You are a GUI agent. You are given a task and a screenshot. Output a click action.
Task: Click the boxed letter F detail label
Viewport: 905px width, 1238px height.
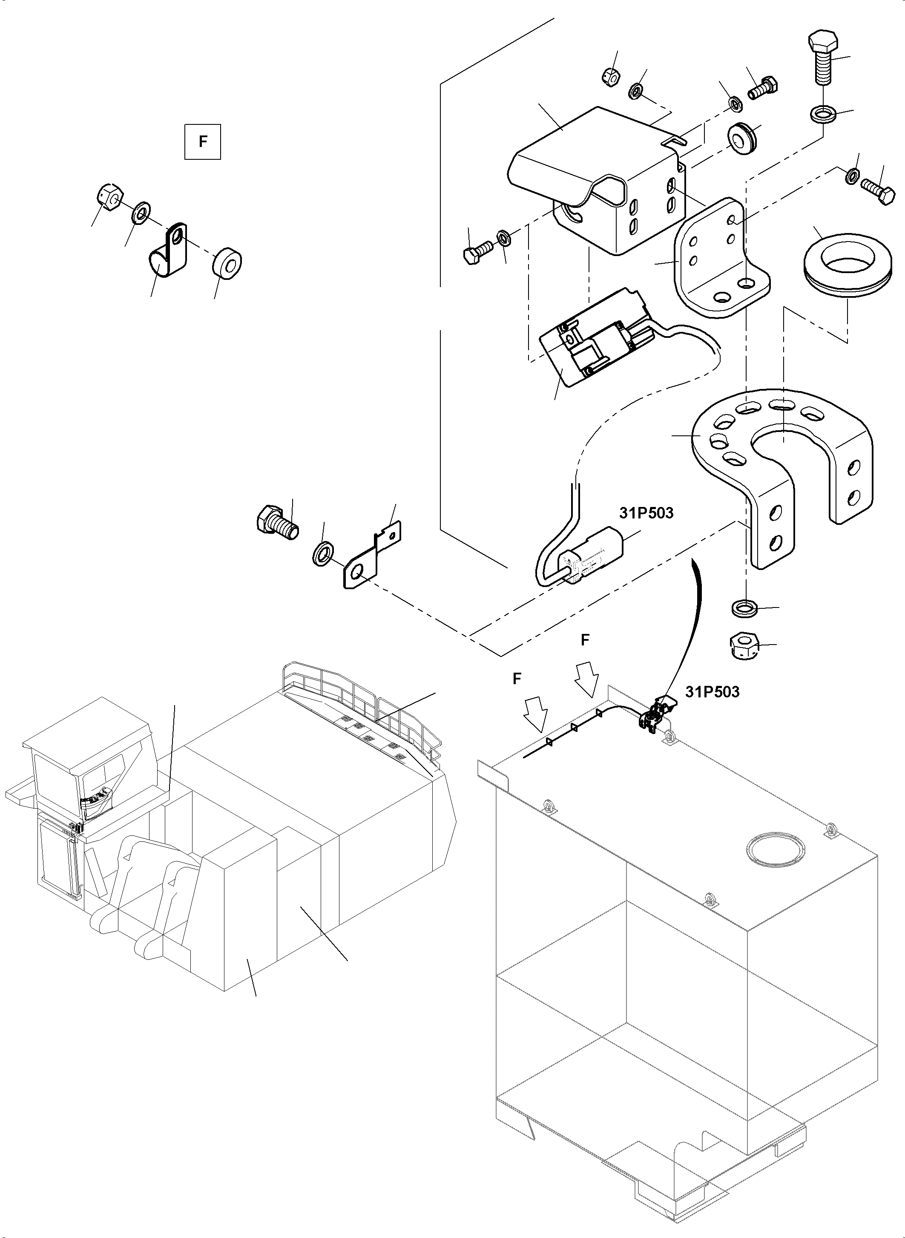point(202,142)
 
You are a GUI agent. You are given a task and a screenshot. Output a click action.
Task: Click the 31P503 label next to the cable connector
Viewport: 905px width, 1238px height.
point(646,513)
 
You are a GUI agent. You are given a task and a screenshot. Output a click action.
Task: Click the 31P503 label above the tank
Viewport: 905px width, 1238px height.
point(712,692)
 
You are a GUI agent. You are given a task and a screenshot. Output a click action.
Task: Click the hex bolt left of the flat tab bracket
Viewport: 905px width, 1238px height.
point(277,519)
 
